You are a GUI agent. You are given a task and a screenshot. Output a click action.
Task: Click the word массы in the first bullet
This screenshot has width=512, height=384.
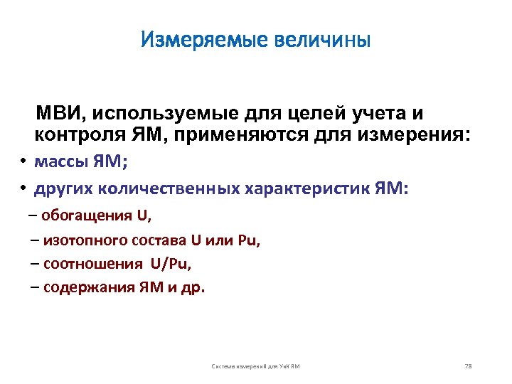tap(61, 161)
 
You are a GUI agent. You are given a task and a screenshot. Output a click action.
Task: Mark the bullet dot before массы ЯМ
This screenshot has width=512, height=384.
tap(23, 161)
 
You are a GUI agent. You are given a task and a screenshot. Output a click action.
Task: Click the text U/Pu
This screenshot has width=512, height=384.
tap(171, 264)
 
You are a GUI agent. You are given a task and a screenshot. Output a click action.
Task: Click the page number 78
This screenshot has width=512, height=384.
tap(467, 366)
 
